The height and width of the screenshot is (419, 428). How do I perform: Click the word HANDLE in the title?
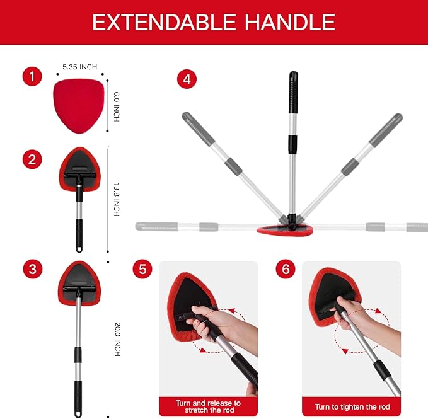[287, 22]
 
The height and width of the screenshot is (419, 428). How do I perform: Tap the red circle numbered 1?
[32, 78]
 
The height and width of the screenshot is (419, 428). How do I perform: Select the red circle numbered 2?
[32, 159]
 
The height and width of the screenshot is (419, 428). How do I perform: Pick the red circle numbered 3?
[32, 270]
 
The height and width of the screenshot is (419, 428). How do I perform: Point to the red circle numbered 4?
[186, 79]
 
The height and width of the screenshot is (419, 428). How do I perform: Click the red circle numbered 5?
[142, 270]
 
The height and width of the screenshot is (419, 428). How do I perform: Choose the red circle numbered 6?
[286, 270]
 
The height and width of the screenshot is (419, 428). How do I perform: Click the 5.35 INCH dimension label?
[80, 66]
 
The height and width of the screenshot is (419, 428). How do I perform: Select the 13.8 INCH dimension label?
[116, 200]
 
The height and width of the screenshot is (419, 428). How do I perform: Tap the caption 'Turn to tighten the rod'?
[351, 406]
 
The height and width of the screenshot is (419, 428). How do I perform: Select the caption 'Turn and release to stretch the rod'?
[208, 406]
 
